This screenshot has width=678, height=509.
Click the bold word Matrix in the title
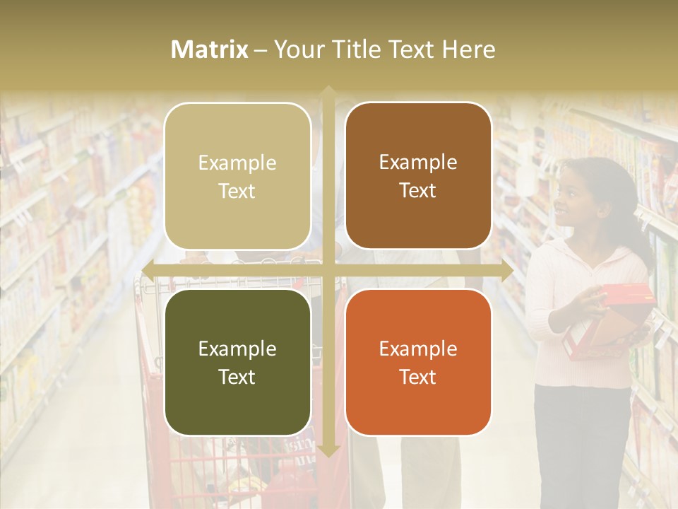pos(210,49)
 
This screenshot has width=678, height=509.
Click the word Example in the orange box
pos(418,349)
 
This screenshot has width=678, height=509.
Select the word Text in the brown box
pos(418,190)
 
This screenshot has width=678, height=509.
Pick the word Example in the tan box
pos(237,163)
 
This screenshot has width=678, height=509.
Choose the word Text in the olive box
pos(237,377)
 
